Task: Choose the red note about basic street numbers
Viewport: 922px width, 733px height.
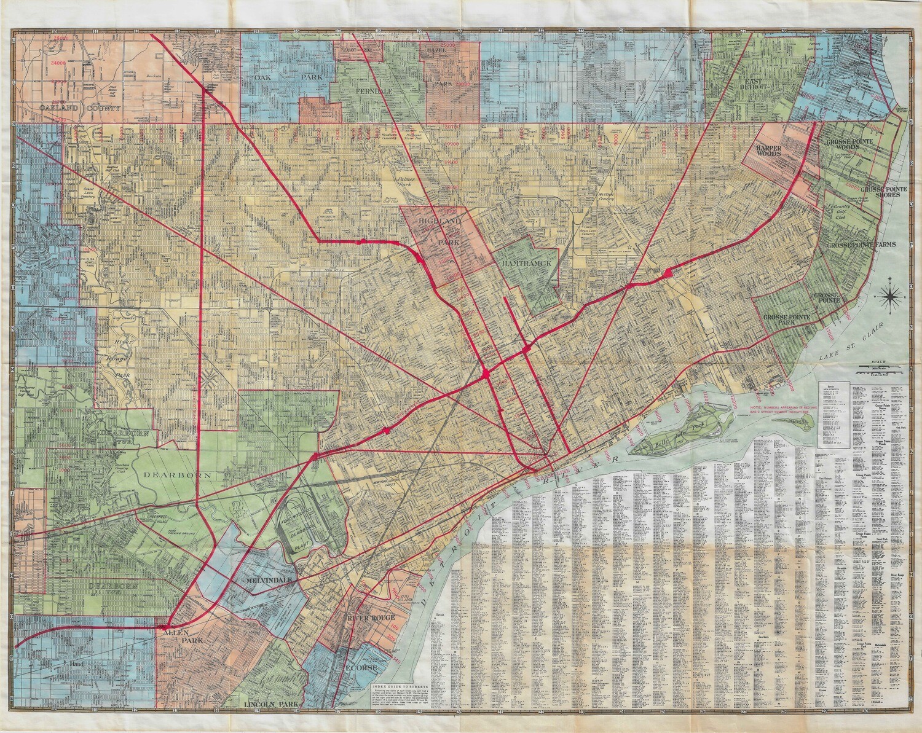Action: [x=784, y=409]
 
